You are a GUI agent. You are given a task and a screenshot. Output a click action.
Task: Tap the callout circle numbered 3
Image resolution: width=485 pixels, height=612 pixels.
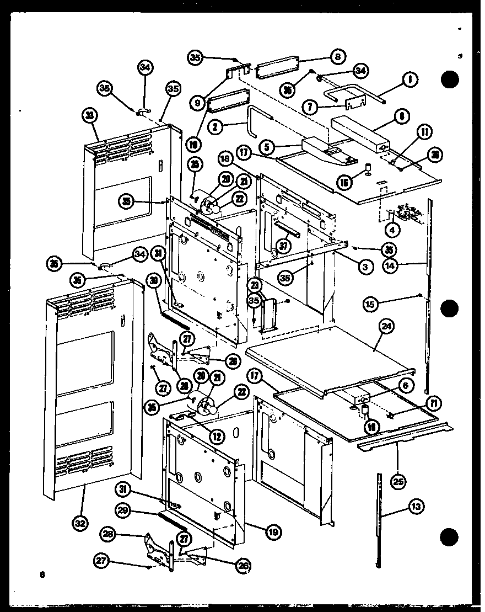coord(364,267)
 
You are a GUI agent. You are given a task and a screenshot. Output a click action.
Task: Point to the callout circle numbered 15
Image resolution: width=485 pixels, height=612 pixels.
coord(371,303)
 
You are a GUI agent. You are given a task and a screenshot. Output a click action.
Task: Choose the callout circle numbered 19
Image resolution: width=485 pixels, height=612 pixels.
coord(272,532)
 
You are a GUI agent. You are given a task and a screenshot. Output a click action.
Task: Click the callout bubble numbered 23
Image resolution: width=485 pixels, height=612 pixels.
coord(254,285)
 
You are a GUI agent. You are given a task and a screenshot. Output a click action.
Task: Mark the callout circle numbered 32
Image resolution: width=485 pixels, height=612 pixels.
coord(80,523)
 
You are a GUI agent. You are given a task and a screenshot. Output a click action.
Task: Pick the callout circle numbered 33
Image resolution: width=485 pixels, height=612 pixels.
coord(89,116)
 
